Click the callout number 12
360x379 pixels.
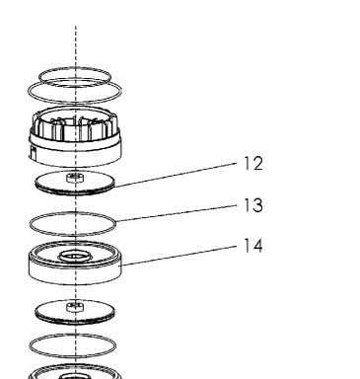(x=253, y=164)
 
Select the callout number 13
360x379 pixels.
(x=253, y=205)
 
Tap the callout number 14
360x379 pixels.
(x=253, y=246)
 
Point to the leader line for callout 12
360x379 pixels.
(x=176, y=175)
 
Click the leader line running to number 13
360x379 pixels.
(x=177, y=213)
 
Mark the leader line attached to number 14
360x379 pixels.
(x=180, y=255)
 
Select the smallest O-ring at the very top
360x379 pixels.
(x=75, y=69)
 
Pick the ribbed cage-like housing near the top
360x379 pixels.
(x=75, y=137)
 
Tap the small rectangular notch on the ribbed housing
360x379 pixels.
(x=33, y=153)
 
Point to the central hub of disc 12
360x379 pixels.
(x=75, y=178)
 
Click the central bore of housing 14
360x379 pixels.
(x=75, y=256)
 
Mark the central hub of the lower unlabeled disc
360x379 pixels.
(x=75, y=307)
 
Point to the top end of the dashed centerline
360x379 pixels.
(x=76, y=27)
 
